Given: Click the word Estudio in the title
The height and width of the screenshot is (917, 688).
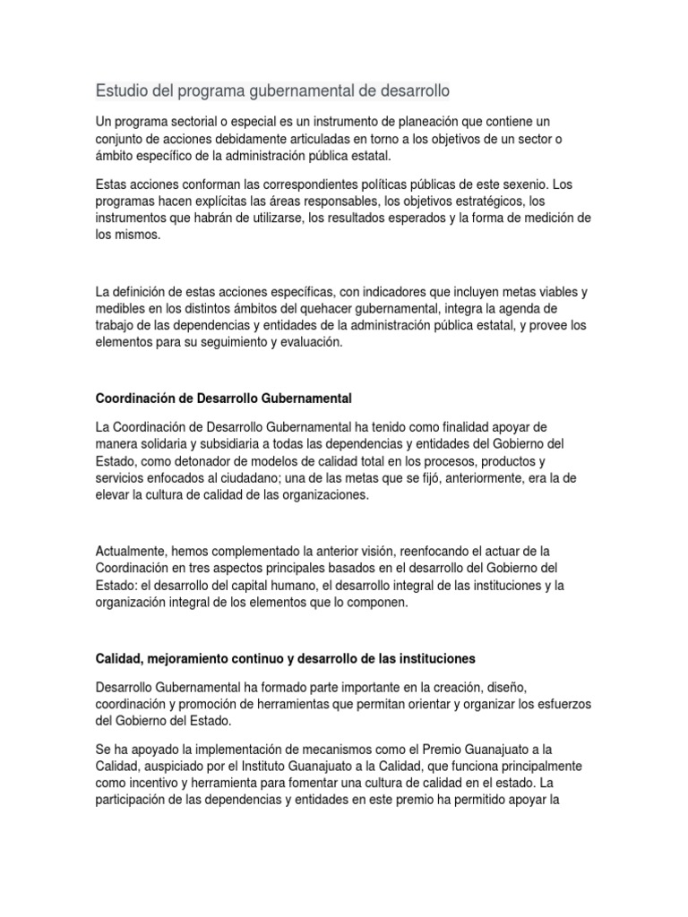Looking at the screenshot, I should coord(122,91).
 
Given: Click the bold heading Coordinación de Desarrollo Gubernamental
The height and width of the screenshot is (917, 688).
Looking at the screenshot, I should coord(228,397).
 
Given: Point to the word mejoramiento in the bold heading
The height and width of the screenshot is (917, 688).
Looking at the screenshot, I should coord(190,658).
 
